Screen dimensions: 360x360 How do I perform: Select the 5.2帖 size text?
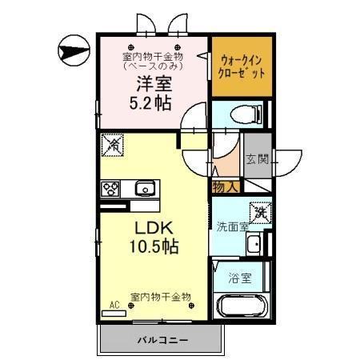pyautogui.click(x=150, y=103)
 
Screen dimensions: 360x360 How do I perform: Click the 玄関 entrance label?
pyautogui.click(x=256, y=158)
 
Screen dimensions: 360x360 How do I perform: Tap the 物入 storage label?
pyautogui.click(x=225, y=186)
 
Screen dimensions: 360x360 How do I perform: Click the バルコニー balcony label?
pyautogui.click(x=159, y=340)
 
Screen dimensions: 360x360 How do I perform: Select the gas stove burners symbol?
pyautogui.click(x=110, y=189)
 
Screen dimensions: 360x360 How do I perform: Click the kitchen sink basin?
pyautogui.click(x=143, y=189)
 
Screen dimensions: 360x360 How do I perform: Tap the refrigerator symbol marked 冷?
pyautogui.click(x=114, y=146)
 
